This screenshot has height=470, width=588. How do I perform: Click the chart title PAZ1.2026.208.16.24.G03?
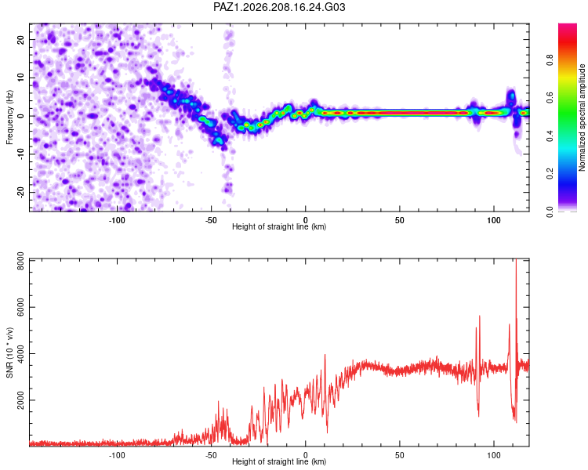tap(279, 7)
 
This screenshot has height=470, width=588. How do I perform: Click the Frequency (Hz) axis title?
tap(9, 117)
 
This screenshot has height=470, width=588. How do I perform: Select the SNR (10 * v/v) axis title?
tap(9, 352)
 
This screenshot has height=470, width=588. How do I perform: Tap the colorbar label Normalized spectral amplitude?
tap(582, 117)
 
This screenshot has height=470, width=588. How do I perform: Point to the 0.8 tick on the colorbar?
tap(550, 60)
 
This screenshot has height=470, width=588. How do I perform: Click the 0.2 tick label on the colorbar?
tap(550, 174)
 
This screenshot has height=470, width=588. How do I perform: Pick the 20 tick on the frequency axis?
tap(21, 39)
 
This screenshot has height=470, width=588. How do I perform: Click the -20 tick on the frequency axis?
tap(21, 192)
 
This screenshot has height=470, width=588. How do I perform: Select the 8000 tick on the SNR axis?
tap(21, 261)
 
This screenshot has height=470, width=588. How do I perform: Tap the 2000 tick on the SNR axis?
tap(21, 400)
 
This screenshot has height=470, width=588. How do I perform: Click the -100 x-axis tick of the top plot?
tap(117, 220)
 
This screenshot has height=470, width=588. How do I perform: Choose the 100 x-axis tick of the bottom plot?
tap(494, 455)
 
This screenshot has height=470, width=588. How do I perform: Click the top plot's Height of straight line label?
tap(279, 226)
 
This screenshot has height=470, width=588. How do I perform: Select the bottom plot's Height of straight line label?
tap(279, 461)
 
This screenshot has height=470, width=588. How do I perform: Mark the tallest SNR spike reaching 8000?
tap(517, 259)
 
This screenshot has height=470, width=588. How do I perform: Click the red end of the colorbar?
tap(568, 25)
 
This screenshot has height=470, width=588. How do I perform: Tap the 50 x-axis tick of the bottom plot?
tap(400, 455)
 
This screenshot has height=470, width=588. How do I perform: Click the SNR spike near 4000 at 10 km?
tap(325, 355)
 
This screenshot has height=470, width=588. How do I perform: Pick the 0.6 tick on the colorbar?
tap(550, 97)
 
